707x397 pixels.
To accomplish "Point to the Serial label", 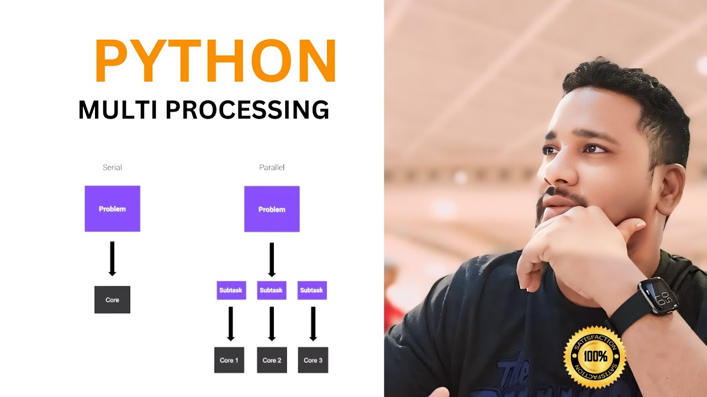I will (x=112, y=167).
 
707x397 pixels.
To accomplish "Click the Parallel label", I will (x=272, y=167).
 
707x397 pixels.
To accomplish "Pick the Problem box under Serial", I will (x=112, y=208).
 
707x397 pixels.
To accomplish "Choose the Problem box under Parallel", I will (x=272, y=209).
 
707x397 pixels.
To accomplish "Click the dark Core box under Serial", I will (x=112, y=299).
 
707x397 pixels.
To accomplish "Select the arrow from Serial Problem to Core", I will (x=112, y=258).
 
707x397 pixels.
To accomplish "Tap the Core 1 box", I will (x=229, y=360).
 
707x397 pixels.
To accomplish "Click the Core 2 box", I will (x=272, y=360).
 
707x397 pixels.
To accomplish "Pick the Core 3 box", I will (x=313, y=360).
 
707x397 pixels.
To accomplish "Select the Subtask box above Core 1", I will (x=231, y=290).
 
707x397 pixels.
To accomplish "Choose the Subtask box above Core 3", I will (x=312, y=290).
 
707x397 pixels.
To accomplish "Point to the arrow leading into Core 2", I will (x=272, y=324).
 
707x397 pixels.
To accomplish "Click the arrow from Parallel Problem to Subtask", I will (x=271, y=259).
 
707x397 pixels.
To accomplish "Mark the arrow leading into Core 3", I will (x=313, y=324).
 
